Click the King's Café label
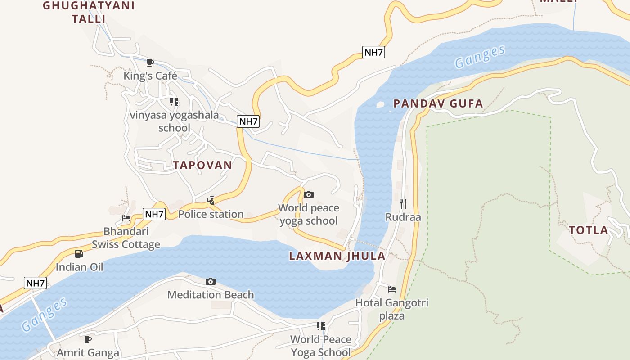click(x=150, y=76)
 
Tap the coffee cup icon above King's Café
click(x=150, y=63)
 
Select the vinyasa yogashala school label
click(x=174, y=121)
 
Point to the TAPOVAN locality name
click(x=202, y=165)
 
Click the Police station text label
click(x=211, y=214)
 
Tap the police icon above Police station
click(x=211, y=201)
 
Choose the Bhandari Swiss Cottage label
click(x=126, y=238)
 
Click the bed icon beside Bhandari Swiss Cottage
click(x=126, y=218)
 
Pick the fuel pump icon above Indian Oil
click(x=79, y=254)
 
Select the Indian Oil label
click(x=79, y=267)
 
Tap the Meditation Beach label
click(x=211, y=295)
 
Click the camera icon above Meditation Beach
click(x=210, y=282)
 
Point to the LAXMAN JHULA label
click(x=337, y=256)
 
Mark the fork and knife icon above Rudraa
click(x=403, y=204)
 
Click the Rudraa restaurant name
click(x=403, y=217)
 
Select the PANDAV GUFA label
click(x=438, y=104)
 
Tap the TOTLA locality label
click(x=588, y=230)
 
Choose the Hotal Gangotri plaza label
click(x=392, y=309)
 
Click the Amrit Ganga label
click(x=88, y=352)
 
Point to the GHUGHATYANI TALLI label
click(x=89, y=12)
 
